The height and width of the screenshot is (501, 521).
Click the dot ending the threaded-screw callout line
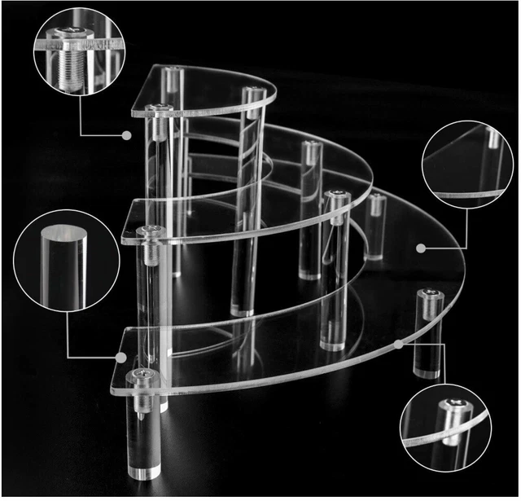(x=127, y=134)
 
